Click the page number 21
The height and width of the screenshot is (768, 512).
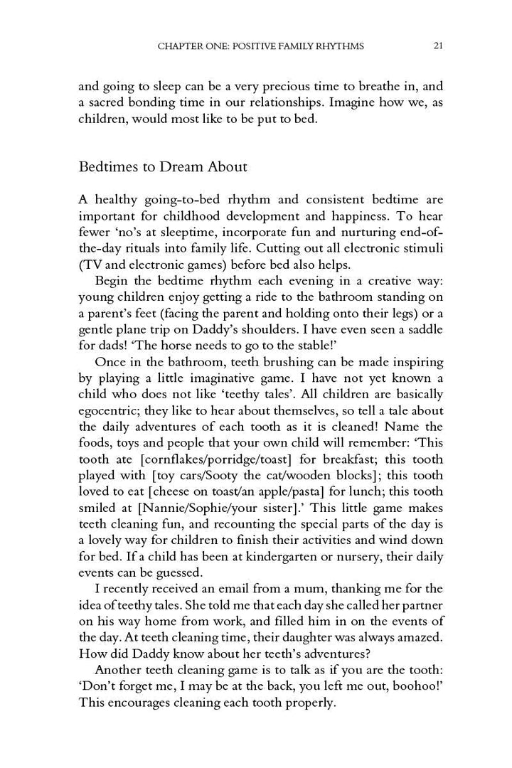coord(438,46)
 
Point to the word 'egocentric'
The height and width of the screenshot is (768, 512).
coord(110,410)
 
